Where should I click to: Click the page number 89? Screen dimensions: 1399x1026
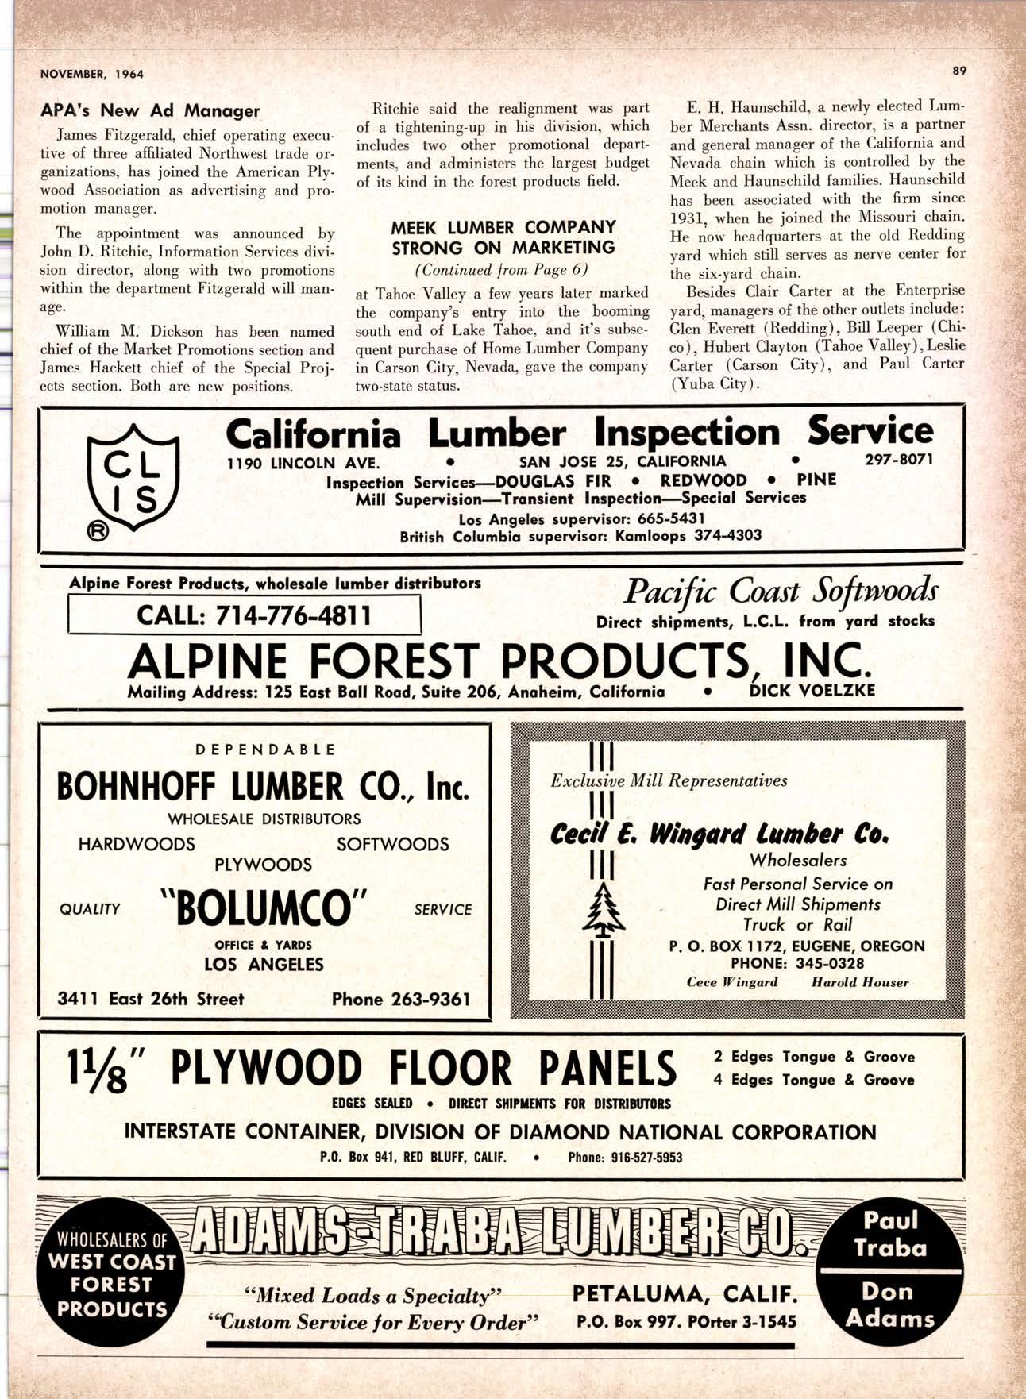[x=959, y=71]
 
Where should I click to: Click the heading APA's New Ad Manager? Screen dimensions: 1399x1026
[x=150, y=111]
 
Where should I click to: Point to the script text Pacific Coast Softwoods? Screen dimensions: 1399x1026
[x=780, y=592]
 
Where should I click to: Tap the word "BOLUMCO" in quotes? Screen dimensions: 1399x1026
[x=264, y=908]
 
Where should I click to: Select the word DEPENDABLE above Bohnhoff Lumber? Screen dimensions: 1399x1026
[x=265, y=750]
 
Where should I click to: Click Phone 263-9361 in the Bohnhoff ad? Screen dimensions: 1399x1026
[x=400, y=999]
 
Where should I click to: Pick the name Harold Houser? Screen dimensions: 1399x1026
[x=859, y=982]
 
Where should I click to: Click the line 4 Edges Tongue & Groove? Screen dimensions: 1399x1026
[x=813, y=1080]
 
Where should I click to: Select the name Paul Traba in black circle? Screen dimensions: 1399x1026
[x=890, y=1234]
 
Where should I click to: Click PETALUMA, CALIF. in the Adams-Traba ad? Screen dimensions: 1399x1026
[x=685, y=1295]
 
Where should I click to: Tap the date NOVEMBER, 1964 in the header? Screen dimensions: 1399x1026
[x=92, y=74]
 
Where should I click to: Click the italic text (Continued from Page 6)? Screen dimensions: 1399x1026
[x=503, y=269]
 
